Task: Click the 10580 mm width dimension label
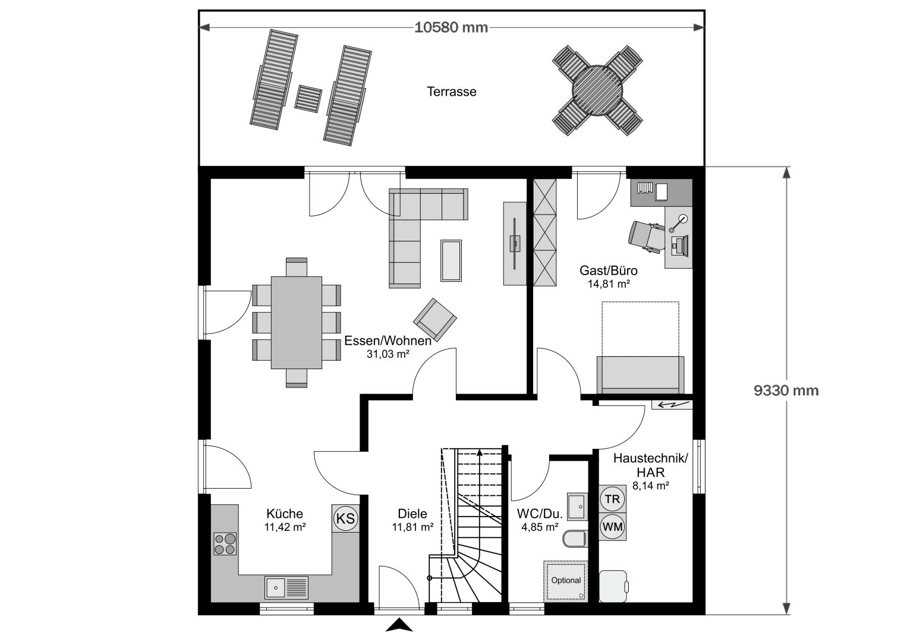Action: click(x=451, y=27)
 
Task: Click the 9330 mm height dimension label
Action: click(x=786, y=391)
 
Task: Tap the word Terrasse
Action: click(x=452, y=92)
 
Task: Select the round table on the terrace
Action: click(x=597, y=90)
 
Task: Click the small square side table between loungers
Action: click(x=308, y=98)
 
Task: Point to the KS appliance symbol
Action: click(x=345, y=518)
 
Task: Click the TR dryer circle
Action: click(x=612, y=499)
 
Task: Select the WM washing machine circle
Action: click(x=612, y=527)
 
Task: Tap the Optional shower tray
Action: click(x=566, y=581)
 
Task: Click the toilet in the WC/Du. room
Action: click(x=575, y=539)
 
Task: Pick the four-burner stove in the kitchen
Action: click(x=225, y=544)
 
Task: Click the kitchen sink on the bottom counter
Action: click(x=286, y=587)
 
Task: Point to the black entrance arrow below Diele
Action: click(x=399, y=625)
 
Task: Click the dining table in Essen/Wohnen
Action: click(x=297, y=322)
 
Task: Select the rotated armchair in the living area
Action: click(x=435, y=320)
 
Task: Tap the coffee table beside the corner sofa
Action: click(x=451, y=260)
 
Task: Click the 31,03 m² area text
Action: click(x=388, y=354)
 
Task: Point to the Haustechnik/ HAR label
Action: click(x=650, y=465)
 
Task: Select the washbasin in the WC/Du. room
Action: click(x=577, y=506)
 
